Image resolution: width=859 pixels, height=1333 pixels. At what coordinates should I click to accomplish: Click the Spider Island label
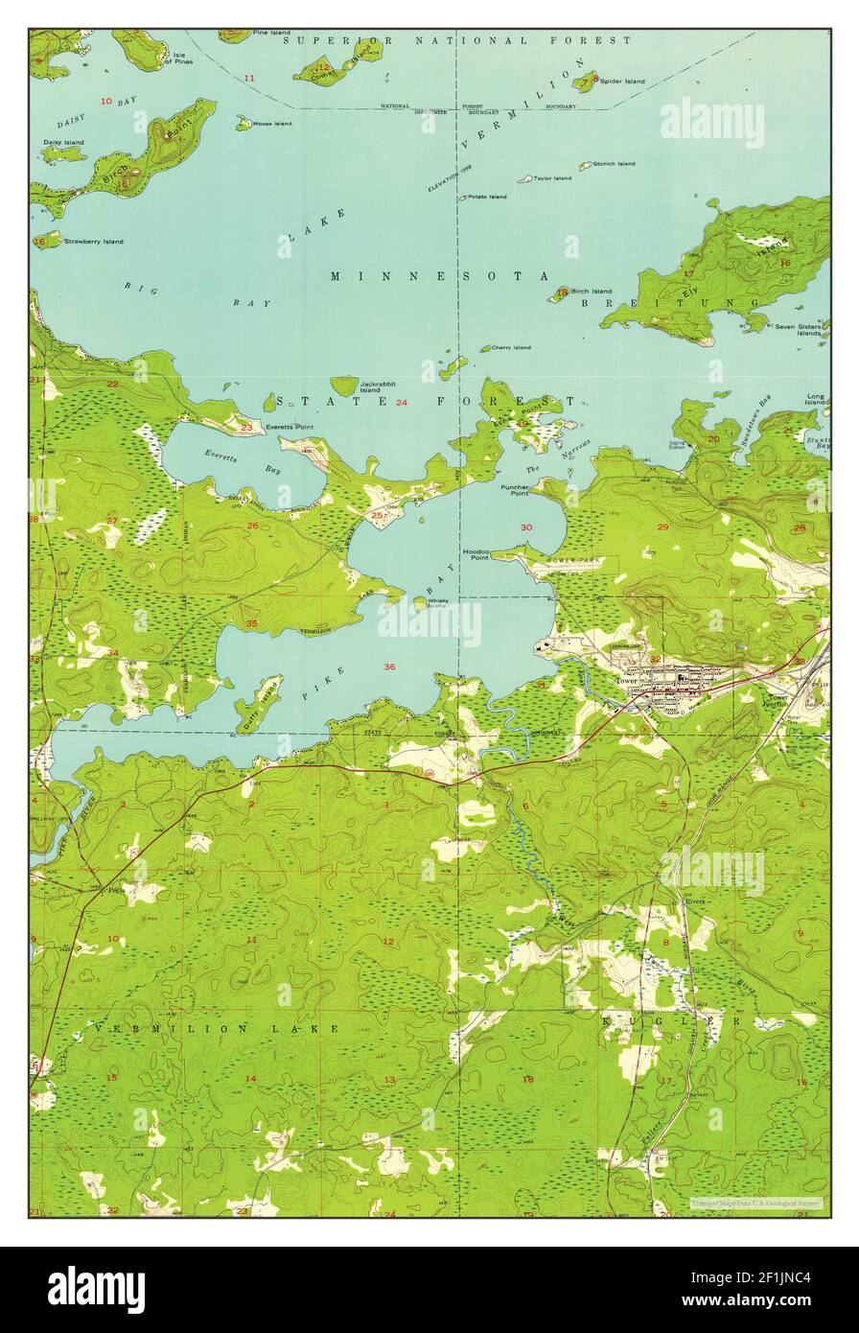[x=622, y=82]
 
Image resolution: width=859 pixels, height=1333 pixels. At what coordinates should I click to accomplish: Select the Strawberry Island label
[x=93, y=242]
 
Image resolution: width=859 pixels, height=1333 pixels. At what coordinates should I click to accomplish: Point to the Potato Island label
[x=487, y=197]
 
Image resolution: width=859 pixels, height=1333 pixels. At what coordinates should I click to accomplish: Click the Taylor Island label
[x=552, y=177]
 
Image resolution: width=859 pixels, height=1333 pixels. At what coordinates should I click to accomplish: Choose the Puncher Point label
[x=515, y=489]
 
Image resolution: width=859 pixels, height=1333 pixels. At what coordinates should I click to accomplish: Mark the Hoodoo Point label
[x=476, y=556]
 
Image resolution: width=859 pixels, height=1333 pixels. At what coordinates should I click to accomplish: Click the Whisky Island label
[x=438, y=603]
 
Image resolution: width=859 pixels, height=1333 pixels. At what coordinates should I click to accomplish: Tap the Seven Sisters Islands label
[x=798, y=330]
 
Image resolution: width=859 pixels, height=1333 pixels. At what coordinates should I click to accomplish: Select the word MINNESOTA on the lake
[x=440, y=276]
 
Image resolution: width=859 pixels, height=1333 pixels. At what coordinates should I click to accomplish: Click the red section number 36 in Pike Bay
[x=389, y=666]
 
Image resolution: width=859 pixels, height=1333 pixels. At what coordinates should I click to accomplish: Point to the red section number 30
[x=525, y=527]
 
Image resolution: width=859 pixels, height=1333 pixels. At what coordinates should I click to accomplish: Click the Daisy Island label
[x=63, y=143]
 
